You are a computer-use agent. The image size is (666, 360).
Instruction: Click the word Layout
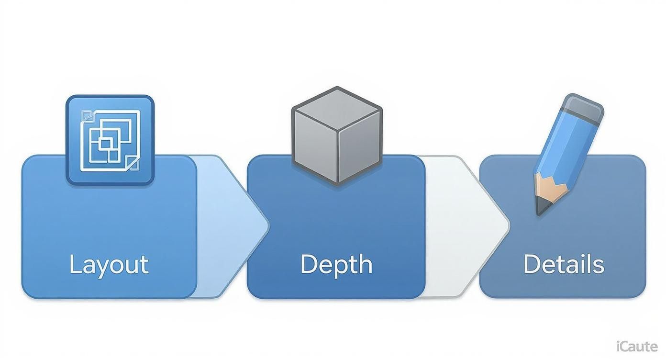(x=109, y=265)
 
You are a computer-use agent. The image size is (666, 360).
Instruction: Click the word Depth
(x=336, y=265)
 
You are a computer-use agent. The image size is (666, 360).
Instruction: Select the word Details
(x=564, y=265)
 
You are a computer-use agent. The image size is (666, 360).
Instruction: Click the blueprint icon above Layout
(x=110, y=140)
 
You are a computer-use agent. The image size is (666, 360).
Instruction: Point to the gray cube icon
(x=337, y=135)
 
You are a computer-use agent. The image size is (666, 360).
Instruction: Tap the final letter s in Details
(x=599, y=266)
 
